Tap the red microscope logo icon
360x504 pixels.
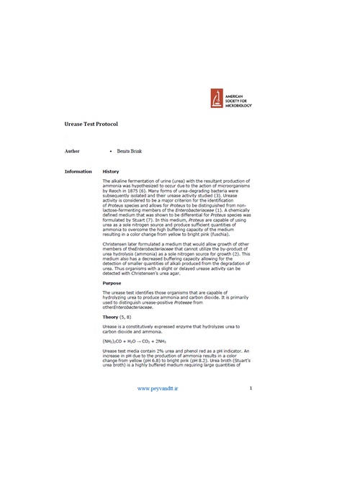pos(215,98)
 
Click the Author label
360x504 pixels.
pos(72,152)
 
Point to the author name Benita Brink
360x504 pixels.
pos(130,152)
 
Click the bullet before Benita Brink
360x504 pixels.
pos(110,152)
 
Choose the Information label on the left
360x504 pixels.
pos(78,171)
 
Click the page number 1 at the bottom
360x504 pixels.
pos(251,388)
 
